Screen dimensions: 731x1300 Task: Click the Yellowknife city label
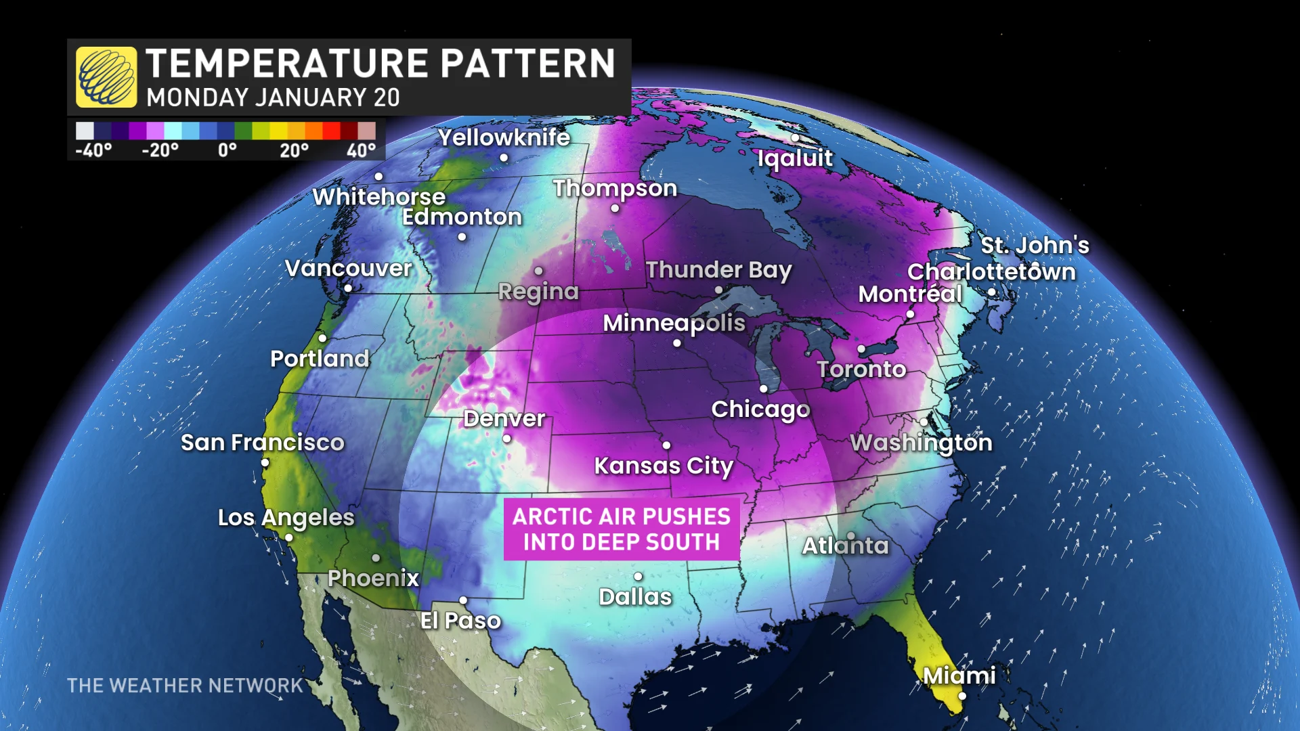coord(504,137)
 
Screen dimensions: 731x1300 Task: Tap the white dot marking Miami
coord(962,696)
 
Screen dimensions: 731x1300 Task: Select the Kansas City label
coord(664,466)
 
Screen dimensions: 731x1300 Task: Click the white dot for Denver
coord(506,439)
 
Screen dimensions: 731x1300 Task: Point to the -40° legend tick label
coord(93,150)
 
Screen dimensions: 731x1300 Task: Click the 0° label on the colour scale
coord(227,150)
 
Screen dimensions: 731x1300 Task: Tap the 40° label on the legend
coord(361,150)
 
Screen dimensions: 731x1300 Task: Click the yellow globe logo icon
coord(106,77)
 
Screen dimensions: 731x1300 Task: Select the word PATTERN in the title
coord(528,64)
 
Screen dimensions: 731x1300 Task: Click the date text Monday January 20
coord(273,97)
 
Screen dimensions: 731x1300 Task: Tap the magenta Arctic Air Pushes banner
coord(622,529)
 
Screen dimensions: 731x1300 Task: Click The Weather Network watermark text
coord(185,686)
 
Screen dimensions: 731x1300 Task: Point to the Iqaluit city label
coord(795,158)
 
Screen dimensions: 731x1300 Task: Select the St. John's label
coord(1035,245)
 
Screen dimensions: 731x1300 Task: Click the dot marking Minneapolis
coord(677,343)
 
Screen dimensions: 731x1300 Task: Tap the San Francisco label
coord(263,443)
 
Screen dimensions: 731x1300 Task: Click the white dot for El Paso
coord(463,600)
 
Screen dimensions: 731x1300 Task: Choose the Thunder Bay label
coord(718,269)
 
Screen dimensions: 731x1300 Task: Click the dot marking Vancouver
coord(348,288)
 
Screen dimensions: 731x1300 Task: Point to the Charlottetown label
coord(991,272)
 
